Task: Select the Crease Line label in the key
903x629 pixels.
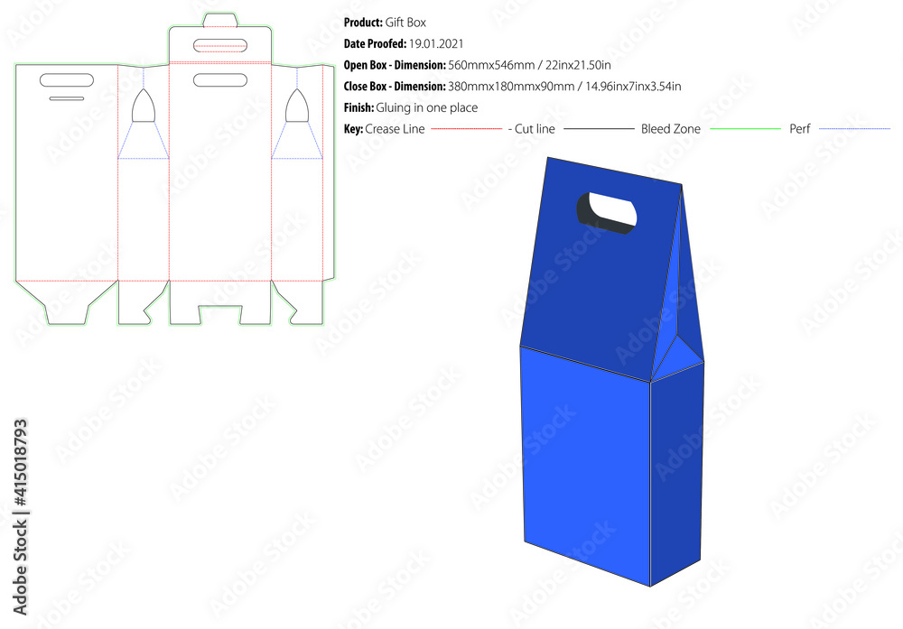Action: (x=395, y=129)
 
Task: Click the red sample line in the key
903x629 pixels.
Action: (x=466, y=129)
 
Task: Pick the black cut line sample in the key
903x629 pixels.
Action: (x=598, y=129)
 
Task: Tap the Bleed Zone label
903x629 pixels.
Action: (x=671, y=129)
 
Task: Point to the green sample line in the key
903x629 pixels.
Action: (x=745, y=129)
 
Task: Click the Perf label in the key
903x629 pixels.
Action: (x=800, y=129)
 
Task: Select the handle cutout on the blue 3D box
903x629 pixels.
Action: (x=607, y=213)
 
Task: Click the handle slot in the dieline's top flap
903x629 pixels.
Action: (x=221, y=44)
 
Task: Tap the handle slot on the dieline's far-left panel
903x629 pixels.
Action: (x=67, y=80)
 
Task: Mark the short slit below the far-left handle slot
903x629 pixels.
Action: (x=67, y=98)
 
